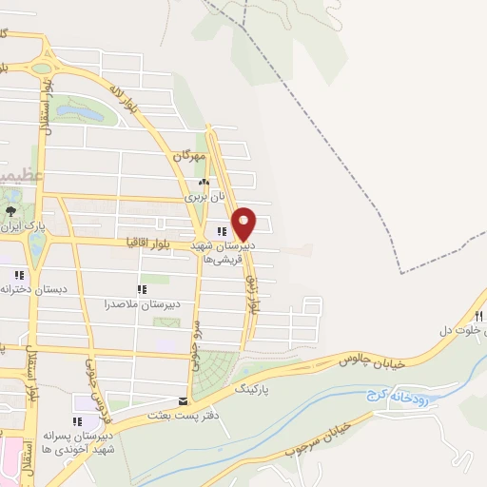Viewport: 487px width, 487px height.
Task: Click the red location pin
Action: pos(244,223)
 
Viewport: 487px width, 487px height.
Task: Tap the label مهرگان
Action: pos(190,154)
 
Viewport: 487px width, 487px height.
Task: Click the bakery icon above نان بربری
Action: pos(203,183)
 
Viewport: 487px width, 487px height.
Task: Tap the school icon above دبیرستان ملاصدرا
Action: pos(143,289)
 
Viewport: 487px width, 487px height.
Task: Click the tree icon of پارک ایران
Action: pos(10,211)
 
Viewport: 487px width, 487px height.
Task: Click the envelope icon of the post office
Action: pos(183,401)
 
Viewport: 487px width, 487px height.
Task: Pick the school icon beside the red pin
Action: pos(222,231)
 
